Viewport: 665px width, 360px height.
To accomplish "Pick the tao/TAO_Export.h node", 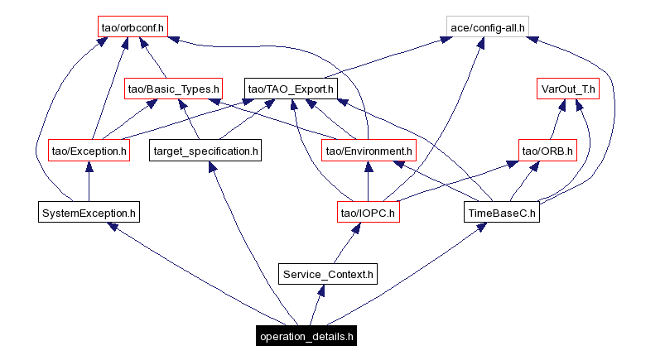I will click(x=290, y=88).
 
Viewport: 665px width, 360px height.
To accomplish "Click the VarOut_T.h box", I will click(x=568, y=88).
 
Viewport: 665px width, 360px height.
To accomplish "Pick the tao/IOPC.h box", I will click(x=368, y=213).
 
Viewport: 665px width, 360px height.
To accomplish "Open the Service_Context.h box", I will click(x=328, y=274).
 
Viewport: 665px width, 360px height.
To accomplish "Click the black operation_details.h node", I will click(x=306, y=336).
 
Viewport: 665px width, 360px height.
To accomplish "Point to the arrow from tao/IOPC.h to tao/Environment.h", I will click(x=368, y=181).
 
